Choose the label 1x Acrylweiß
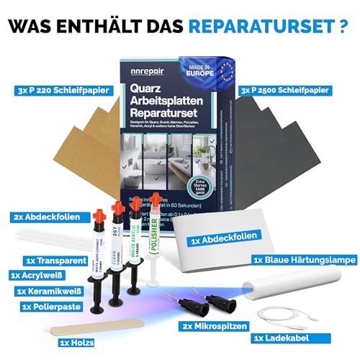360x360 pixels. [45, 275]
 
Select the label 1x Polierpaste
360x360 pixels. [49, 307]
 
